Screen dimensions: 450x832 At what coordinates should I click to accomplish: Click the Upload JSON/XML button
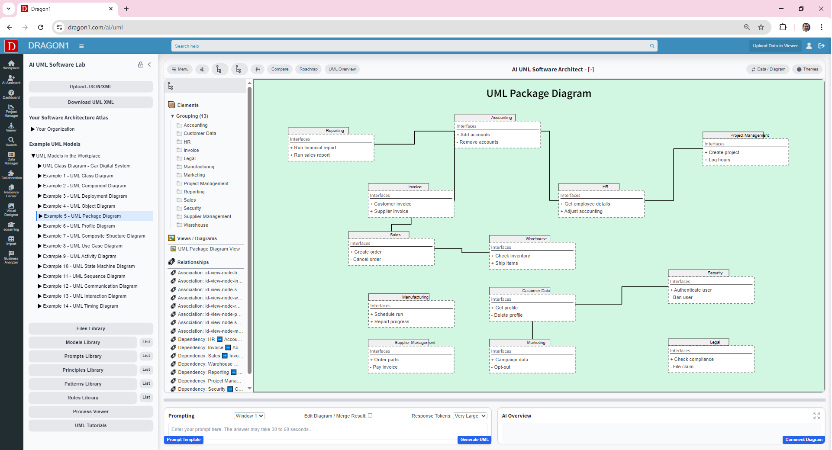coord(90,87)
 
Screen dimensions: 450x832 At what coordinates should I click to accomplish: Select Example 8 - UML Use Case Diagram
coord(82,246)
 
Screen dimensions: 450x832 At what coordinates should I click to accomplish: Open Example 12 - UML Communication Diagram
coord(90,286)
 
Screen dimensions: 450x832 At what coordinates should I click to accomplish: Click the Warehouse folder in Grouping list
coord(195,225)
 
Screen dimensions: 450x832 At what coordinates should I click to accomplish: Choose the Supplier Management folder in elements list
coord(207,216)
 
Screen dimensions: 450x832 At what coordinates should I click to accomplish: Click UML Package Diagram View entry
coord(208,249)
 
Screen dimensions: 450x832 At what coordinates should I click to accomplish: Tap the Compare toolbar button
coord(280,69)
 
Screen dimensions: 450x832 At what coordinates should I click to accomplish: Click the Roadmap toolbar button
coord(308,69)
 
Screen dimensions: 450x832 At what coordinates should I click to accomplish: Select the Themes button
coord(807,69)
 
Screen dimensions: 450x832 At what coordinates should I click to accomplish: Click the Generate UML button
coord(474,440)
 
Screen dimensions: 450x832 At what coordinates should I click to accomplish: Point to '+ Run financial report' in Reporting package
coord(315,148)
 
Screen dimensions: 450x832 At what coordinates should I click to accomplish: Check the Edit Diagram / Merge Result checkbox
coord(370,415)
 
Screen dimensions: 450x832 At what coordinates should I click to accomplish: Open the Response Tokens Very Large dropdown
coord(470,416)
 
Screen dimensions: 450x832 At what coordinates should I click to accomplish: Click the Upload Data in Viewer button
coord(775,46)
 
